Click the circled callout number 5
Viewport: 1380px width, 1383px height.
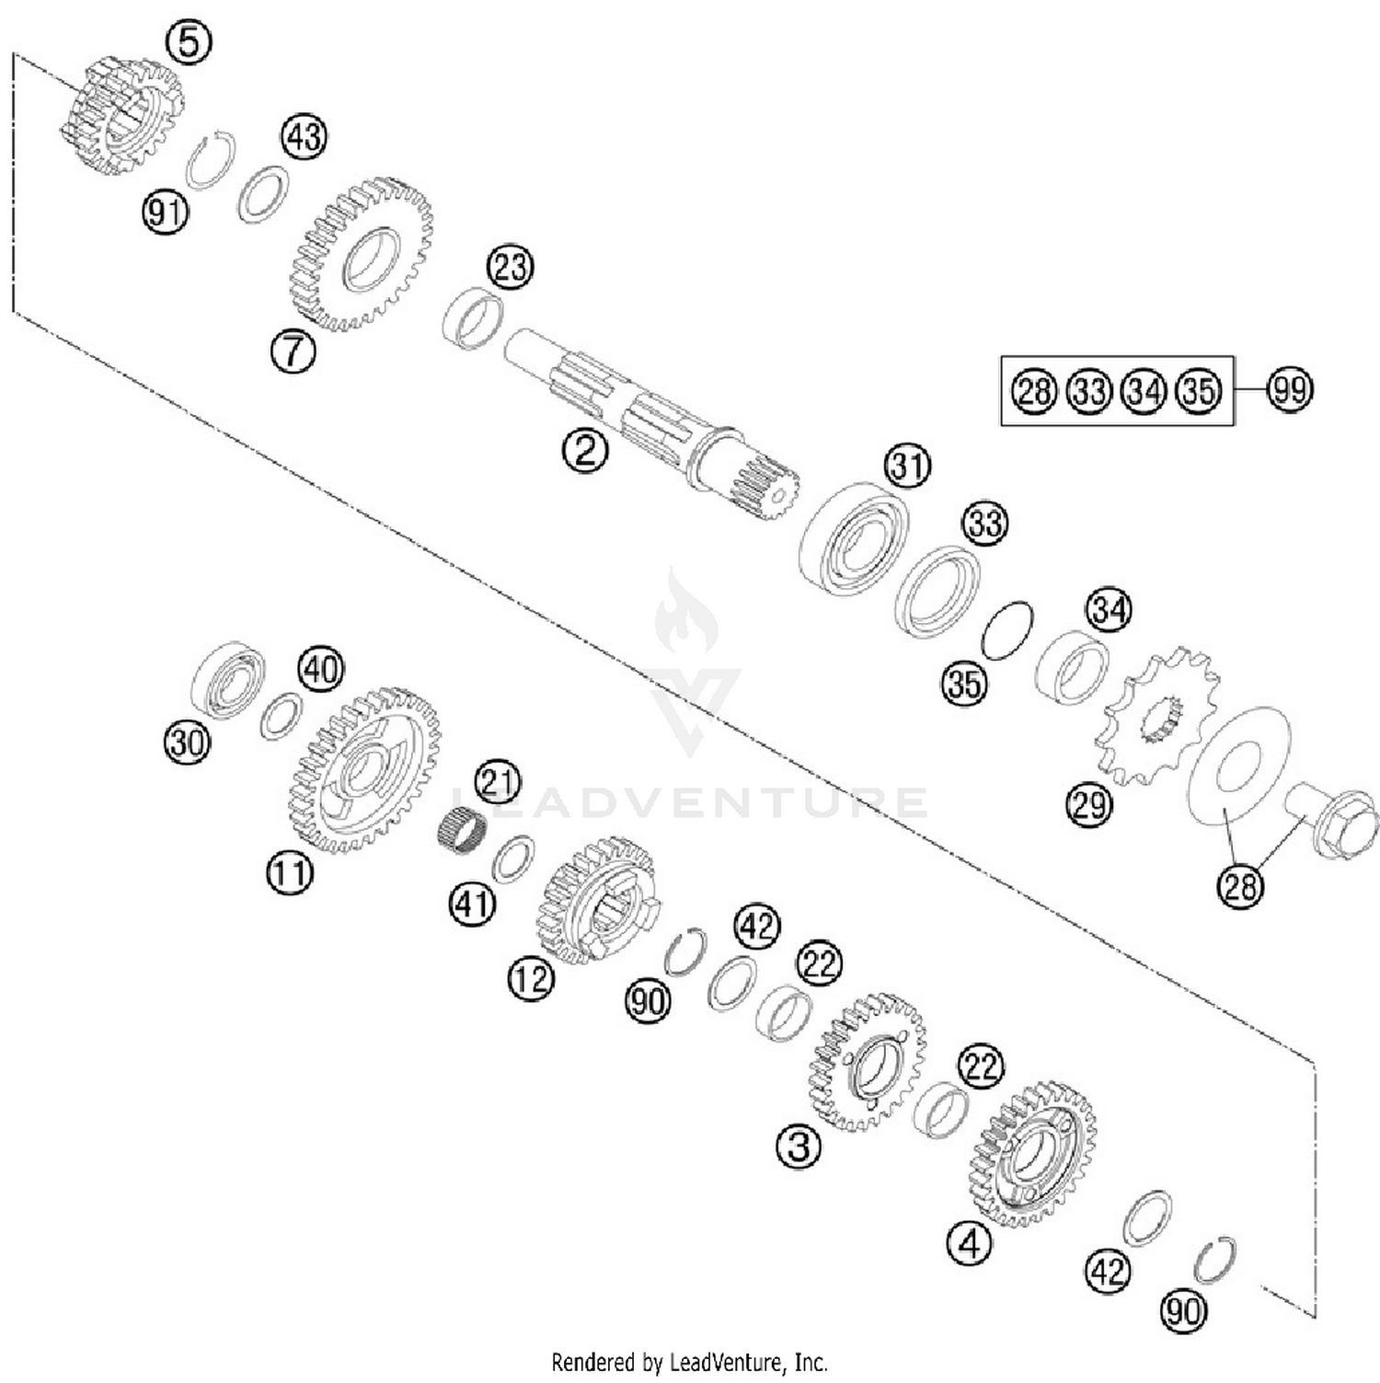tap(189, 42)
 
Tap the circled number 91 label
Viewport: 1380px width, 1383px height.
tap(165, 213)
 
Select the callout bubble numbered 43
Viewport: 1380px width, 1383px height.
tap(305, 137)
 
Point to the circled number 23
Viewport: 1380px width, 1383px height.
tap(511, 267)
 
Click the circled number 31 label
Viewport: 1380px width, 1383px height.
tap(908, 467)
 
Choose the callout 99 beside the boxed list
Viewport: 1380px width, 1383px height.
tap(1289, 390)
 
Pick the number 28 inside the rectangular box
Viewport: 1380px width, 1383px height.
tap(1034, 391)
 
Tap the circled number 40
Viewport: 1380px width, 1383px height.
tap(321, 669)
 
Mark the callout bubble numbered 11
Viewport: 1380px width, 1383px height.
tap(290, 871)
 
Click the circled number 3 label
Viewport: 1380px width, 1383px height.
tap(798, 1147)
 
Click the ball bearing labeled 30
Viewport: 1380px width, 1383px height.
tap(228, 680)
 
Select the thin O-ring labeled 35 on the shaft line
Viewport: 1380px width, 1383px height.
tap(1007, 630)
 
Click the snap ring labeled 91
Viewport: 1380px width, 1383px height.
tap(211, 160)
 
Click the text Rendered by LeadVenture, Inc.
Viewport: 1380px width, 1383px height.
tap(689, 1361)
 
